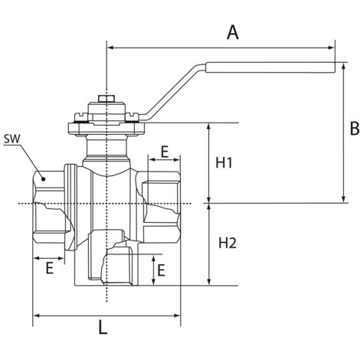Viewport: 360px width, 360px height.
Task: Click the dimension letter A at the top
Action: (x=232, y=32)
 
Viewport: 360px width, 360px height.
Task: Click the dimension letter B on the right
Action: (x=355, y=129)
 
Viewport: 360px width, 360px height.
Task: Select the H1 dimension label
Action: (x=224, y=162)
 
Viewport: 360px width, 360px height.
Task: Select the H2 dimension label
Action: (x=227, y=243)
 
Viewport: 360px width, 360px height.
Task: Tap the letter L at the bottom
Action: (x=103, y=327)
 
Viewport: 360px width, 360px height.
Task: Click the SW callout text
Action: (x=11, y=139)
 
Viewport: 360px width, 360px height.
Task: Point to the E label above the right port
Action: (x=165, y=152)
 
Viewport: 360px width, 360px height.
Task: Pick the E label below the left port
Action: (x=49, y=268)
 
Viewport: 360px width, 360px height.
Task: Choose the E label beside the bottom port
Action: (x=161, y=270)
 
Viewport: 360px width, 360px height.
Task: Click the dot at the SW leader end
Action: (x=44, y=178)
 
